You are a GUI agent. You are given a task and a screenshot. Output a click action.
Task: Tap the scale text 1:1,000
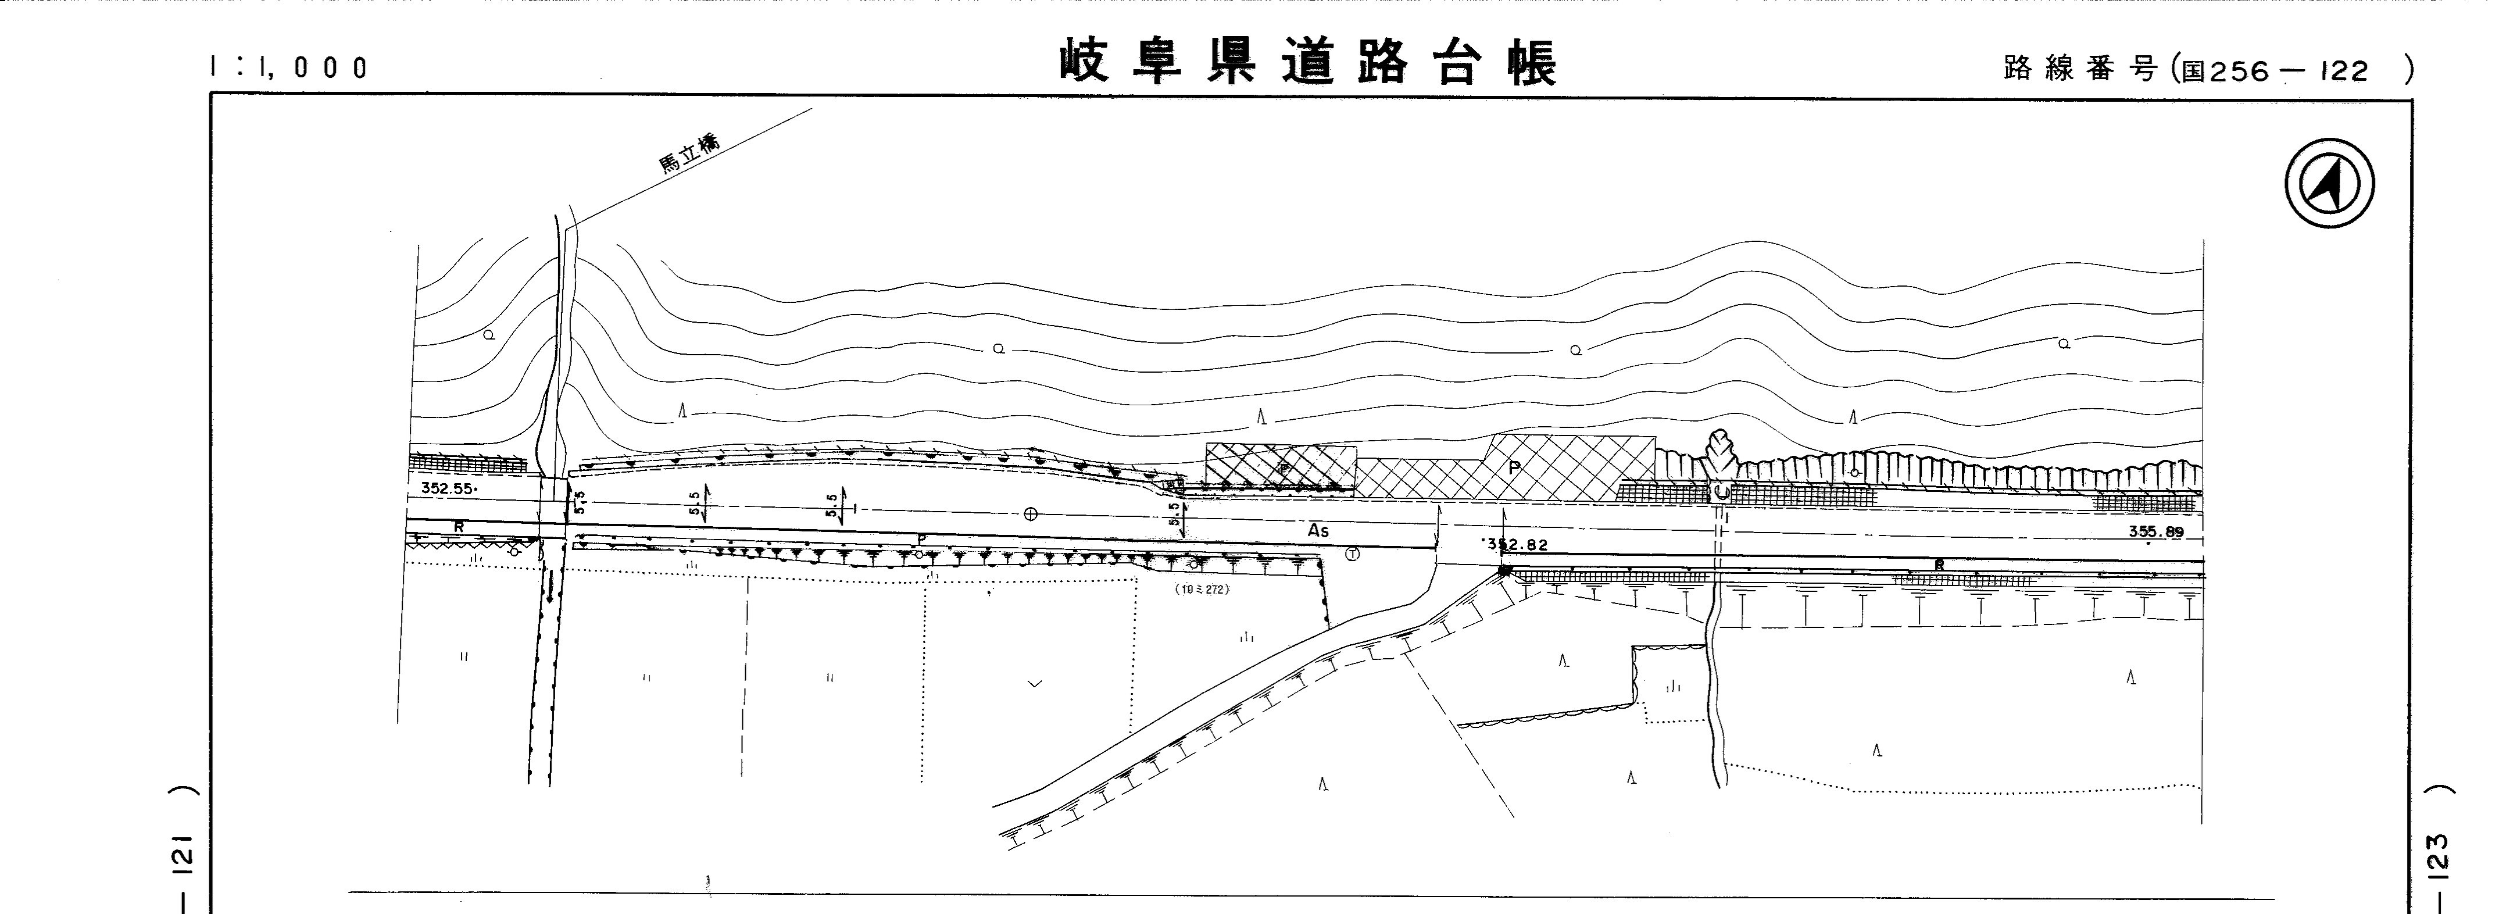(x=289, y=67)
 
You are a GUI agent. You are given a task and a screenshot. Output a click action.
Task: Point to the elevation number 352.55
(x=447, y=488)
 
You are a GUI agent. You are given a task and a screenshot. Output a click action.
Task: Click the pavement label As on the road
(x=1317, y=531)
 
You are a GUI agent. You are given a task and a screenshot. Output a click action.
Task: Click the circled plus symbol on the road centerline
(x=1030, y=513)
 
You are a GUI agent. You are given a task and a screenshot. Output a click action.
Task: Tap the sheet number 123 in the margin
(x=2442, y=854)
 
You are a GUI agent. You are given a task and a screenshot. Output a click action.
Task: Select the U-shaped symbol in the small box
(x=1722, y=491)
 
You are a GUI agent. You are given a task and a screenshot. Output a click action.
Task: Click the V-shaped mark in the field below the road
(x=1034, y=684)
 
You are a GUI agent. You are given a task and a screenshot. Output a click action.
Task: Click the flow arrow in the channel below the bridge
(x=550, y=587)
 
